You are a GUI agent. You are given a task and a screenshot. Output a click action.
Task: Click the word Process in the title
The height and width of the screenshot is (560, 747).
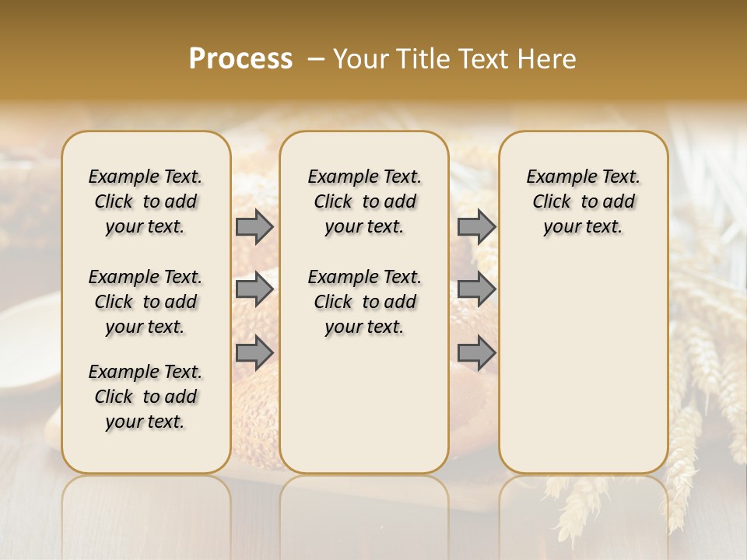[x=240, y=59]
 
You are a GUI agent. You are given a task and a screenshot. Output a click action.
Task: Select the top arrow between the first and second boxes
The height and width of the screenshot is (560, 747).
[x=254, y=226]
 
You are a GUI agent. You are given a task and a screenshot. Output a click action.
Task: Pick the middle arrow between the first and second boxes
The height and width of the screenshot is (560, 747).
[x=254, y=289]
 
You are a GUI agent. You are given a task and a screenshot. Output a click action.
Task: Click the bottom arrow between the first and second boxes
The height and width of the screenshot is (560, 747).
[x=254, y=352]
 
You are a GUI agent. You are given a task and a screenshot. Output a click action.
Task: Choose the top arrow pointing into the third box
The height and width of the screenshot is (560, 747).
[x=476, y=226]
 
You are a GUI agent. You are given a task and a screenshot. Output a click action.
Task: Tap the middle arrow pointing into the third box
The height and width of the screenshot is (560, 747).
[x=476, y=289]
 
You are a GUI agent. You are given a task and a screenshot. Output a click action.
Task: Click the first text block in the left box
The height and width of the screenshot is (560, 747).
[x=146, y=201]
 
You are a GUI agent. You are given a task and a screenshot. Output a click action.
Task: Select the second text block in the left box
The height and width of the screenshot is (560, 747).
[x=146, y=302]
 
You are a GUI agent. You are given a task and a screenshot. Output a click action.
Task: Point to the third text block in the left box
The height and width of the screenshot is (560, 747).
[x=146, y=397]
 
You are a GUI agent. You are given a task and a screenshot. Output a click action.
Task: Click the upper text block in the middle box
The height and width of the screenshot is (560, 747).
[x=365, y=201]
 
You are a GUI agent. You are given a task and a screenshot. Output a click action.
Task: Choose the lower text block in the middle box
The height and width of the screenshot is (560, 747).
[x=365, y=302]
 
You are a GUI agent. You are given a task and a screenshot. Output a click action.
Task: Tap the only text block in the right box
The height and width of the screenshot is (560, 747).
[x=584, y=201]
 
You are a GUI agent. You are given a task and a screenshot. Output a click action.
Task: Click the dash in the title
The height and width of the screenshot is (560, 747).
[x=317, y=59]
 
